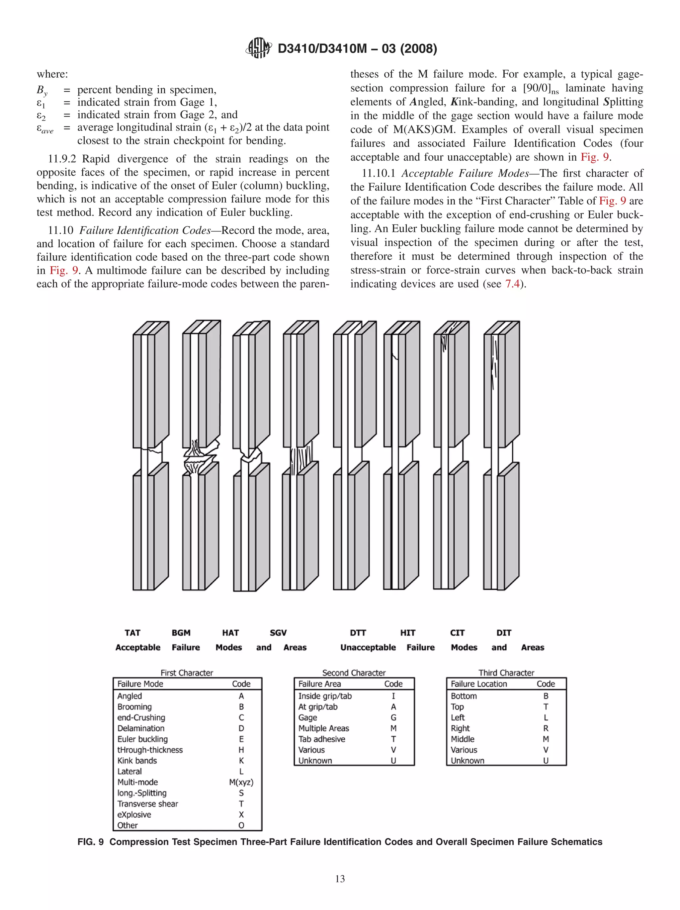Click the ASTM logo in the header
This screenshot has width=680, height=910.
[x=258, y=48]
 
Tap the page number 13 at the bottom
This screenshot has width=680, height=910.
[x=340, y=878]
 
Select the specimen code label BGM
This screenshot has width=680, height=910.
[x=181, y=632]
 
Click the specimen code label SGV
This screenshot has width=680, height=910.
[x=278, y=632]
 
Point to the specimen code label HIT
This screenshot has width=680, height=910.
[x=408, y=632]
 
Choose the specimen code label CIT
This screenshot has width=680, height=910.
[x=457, y=632]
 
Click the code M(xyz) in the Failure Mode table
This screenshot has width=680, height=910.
[x=241, y=782]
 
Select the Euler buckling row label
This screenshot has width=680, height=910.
[x=142, y=739]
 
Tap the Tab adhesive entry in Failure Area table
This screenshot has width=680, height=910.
[x=322, y=739]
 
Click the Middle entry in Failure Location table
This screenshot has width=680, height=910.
[x=463, y=739]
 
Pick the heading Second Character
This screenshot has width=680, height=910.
[x=354, y=673]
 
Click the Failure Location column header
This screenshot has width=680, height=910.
[x=479, y=684]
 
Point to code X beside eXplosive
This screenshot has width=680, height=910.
[x=241, y=814]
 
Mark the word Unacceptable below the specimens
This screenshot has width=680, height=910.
[x=368, y=647]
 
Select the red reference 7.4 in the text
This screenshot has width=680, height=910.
[x=512, y=284]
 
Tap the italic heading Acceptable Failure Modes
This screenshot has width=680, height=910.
[x=465, y=173]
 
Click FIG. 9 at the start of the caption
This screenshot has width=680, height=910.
[x=91, y=841]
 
